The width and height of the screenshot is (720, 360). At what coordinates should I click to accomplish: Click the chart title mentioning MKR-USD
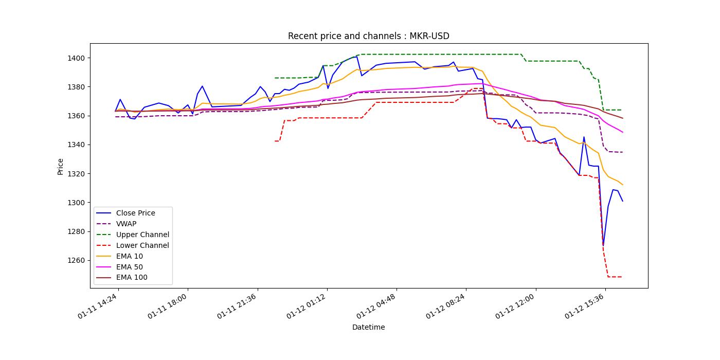pos(368,36)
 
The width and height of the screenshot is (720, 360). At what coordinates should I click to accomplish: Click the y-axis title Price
pos(60,166)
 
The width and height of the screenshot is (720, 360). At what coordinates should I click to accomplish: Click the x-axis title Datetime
pos(368,327)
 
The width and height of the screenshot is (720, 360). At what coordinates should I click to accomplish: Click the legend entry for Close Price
pos(135,213)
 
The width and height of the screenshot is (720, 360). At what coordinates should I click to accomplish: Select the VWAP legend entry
pos(126,224)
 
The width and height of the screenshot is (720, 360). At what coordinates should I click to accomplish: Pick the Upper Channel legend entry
pos(142,235)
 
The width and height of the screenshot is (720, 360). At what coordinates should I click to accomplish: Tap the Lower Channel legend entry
pos(142,245)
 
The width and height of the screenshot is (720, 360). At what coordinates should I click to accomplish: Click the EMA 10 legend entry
pos(130,256)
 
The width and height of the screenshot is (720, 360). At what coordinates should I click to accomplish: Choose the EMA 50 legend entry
pos(130,267)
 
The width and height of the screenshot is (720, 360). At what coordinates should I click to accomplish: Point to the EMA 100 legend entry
pos(132,278)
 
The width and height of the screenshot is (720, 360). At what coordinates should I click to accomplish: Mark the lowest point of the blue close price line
pos(603,245)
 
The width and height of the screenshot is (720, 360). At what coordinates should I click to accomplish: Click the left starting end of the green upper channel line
pos(275,78)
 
